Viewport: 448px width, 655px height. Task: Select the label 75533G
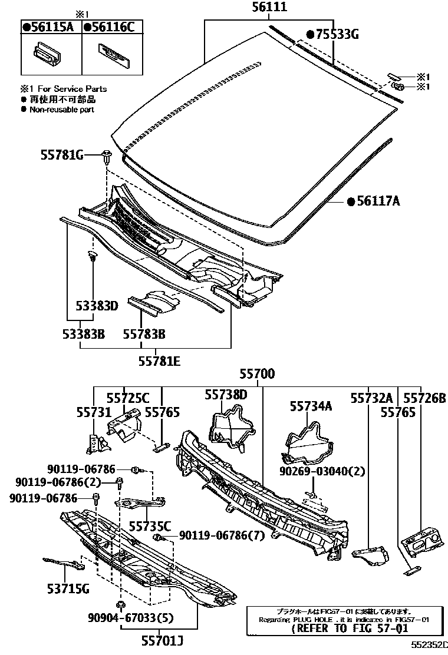pos(333,34)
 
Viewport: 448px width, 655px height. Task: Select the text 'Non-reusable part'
pos(61,109)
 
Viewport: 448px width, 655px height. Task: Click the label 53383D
pos(97,306)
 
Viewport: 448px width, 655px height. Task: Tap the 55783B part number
pos(144,334)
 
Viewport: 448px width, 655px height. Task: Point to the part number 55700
pos(257,374)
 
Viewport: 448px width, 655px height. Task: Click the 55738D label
pos(226,394)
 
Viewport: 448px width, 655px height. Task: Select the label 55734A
pos(311,406)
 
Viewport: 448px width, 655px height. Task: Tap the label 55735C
pos(150,525)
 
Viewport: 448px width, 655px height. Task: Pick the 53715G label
pos(68,588)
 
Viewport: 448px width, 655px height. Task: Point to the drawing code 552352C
pos(429,647)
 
